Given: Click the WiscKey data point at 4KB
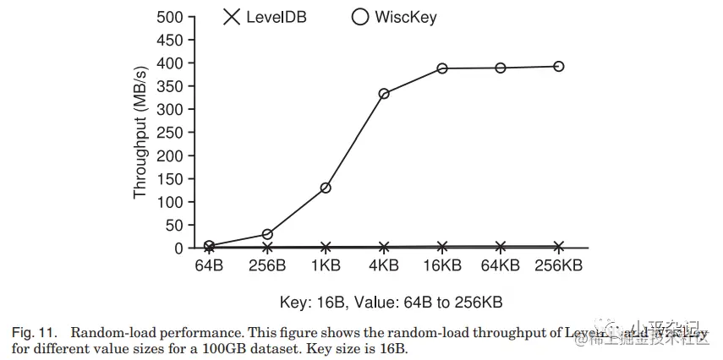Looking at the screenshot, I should pos(384,94).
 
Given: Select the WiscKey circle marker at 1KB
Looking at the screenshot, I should pos(326,188).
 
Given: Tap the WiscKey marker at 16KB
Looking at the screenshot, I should pos(442,68).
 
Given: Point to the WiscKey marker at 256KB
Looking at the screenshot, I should pos(559,66).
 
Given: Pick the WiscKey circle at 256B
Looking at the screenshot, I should pos(267,234).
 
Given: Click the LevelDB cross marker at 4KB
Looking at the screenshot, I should pos(384,247).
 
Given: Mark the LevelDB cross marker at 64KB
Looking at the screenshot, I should pos(501,247).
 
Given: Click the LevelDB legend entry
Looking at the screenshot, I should pos(264,17).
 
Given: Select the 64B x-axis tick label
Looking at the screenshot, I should pos(209,265).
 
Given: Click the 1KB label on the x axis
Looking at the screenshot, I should pos(326,265).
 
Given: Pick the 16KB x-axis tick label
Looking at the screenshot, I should pos(442,265).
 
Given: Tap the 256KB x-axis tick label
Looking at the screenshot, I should pos(559,265).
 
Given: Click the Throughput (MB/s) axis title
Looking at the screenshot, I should pos(140,133).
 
